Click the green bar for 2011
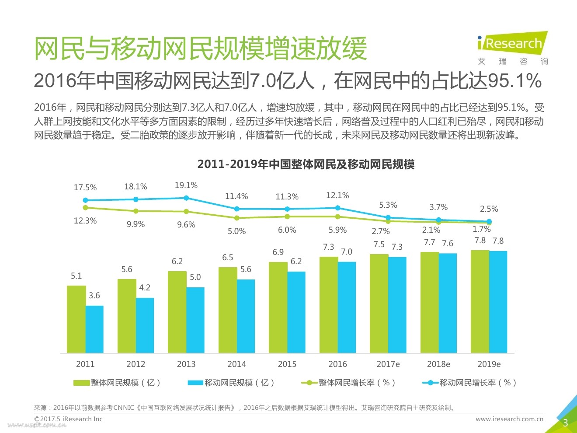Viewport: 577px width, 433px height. (x=76, y=319)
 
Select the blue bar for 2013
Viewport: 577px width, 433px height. (x=195, y=320)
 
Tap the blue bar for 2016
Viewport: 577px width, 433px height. (x=347, y=307)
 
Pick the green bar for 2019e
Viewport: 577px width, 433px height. (x=480, y=302)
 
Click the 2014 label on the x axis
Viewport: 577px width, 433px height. (x=236, y=364)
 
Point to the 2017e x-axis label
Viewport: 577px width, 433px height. (x=388, y=364)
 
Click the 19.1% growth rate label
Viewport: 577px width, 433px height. (x=186, y=185)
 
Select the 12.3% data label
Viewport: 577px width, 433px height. (x=85, y=221)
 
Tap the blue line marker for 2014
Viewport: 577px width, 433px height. (x=237, y=209)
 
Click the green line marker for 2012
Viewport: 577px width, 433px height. (x=136, y=211)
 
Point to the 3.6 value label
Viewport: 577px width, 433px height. (x=94, y=296)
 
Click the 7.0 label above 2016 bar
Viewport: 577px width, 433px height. (x=347, y=252)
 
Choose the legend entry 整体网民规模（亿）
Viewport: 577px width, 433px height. (x=117, y=383)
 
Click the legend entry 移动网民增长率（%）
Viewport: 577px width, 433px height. (x=470, y=383)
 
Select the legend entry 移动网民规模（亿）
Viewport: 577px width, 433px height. (x=231, y=383)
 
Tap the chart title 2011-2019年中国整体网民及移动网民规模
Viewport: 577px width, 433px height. (x=306, y=164)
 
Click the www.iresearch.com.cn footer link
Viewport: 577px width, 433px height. (x=509, y=419)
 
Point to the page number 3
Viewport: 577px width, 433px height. (x=565, y=423)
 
